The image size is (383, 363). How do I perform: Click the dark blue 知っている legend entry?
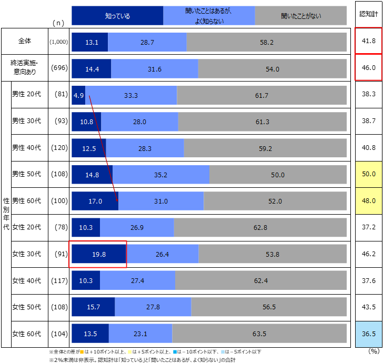[117, 16]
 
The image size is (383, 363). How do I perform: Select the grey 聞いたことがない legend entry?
[301, 16]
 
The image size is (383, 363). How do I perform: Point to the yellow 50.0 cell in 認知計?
[368, 175]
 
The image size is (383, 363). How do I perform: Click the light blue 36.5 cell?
[368, 334]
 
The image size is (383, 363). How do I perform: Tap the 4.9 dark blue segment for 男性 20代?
[78, 95]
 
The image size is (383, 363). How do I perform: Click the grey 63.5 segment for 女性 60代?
[259, 334]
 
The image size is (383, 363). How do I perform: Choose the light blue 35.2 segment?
[160, 175]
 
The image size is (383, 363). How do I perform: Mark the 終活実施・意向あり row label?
[28, 67]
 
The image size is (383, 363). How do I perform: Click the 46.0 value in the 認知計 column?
[368, 67]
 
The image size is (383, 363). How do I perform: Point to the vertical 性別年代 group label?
[6, 214]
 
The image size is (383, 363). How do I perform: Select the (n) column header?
[59, 23]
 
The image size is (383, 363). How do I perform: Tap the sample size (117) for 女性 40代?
[59, 280]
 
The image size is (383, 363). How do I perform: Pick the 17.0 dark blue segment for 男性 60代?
[95, 201]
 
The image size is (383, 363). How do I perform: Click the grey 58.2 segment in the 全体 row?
[267, 42]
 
